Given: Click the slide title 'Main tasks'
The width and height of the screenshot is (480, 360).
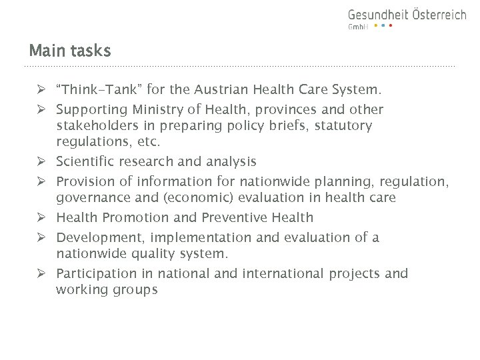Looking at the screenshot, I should point(69,51).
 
